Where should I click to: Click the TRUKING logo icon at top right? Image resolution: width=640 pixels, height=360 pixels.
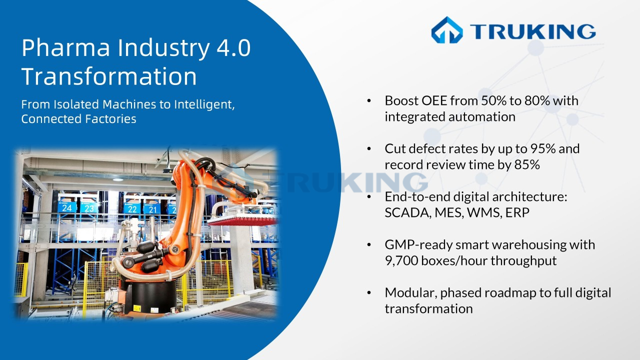click(x=447, y=30)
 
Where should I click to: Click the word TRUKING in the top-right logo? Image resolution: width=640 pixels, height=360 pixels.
click(x=532, y=31)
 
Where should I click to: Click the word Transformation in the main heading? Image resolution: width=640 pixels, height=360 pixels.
click(x=109, y=77)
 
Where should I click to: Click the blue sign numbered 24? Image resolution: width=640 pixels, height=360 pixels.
click(x=67, y=207)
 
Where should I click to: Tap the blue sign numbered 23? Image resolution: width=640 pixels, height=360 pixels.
click(x=88, y=207)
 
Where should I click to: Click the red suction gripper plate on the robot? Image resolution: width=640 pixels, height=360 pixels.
click(x=243, y=218)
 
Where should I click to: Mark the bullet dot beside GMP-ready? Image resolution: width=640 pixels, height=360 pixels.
click(x=369, y=245)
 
